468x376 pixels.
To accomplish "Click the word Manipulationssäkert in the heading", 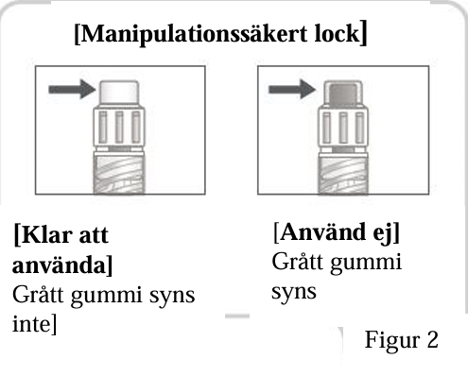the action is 194,34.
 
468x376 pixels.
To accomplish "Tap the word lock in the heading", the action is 338,33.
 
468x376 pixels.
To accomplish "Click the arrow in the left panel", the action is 72,89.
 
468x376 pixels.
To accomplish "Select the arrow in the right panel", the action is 292,89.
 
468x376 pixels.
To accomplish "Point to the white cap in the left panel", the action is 119,92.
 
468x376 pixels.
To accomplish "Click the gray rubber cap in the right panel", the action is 343,94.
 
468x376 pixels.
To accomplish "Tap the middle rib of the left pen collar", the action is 119,128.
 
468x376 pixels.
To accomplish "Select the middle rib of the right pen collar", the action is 343,128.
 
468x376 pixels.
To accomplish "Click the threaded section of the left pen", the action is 119,174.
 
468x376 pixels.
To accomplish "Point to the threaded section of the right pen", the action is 343,174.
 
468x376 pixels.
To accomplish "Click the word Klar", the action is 47,235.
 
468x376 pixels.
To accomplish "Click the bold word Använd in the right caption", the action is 323,232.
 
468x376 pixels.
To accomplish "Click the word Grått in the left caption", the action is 38,295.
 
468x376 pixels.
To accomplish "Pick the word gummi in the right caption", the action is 366,263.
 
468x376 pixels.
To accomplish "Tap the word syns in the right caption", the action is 294,293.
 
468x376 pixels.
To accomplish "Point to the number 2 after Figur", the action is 433,339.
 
